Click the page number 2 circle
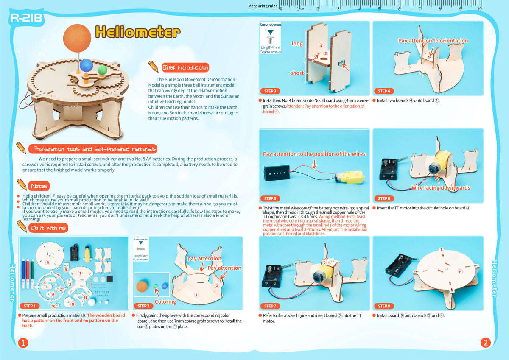coord(485,342)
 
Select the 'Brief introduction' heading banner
coord(185,68)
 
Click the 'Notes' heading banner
coord(39,186)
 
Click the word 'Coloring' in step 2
coord(165,302)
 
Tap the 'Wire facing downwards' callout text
coord(441,188)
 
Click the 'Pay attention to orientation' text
coord(433,41)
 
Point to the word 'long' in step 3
coord(297,44)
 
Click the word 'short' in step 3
coord(297,73)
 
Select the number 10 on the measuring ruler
coord(479,9)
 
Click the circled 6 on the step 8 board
coord(460,272)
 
